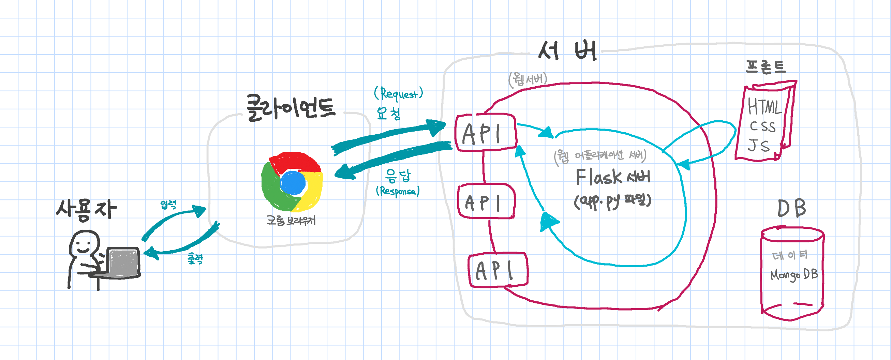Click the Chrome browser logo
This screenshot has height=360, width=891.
(x=292, y=182)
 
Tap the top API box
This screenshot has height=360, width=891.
(x=486, y=133)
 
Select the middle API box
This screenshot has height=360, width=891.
(x=486, y=201)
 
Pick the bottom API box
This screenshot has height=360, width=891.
(x=498, y=270)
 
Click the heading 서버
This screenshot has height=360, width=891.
(x=567, y=51)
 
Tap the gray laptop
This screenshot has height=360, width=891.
(x=123, y=263)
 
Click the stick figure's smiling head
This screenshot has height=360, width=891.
(x=84, y=243)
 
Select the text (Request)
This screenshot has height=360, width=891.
(x=399, y=94)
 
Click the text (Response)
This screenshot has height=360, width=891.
(x=398, y=191)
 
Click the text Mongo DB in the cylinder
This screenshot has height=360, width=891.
(x=794, y=274)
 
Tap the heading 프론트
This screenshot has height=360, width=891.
(x=765, y=67)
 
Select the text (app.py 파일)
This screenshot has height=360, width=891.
(x=612, y=201)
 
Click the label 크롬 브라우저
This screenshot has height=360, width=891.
(x=291, y=220)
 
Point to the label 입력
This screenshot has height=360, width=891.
(x=168, y=205)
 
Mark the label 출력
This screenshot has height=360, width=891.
(x=195, y=258)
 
